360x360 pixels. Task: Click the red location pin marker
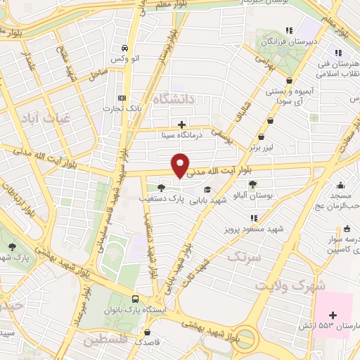181,165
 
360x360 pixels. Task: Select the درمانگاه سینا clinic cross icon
182,124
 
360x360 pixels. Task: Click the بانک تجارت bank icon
122,98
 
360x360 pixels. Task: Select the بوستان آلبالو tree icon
252,184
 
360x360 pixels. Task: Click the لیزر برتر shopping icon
262,136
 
